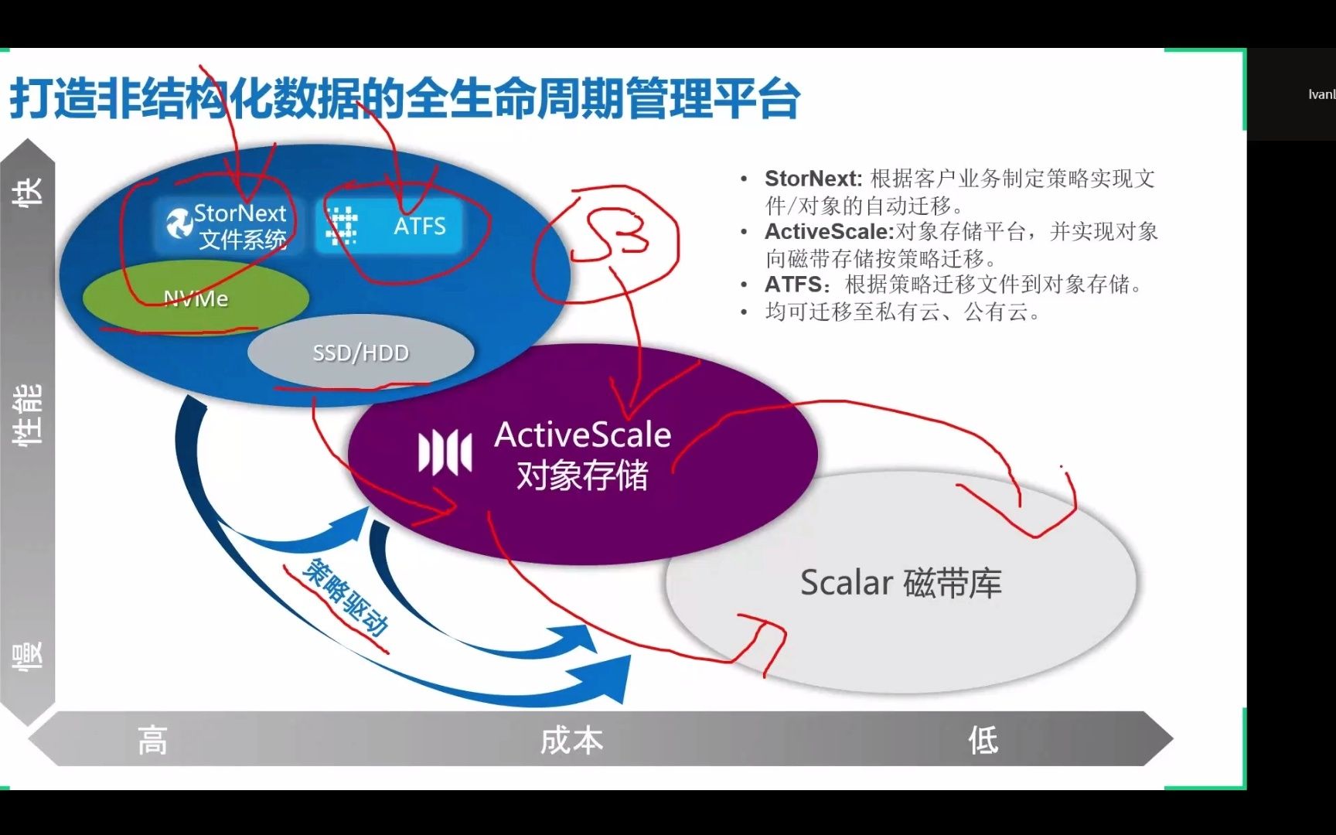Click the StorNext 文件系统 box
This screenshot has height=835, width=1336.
point(229,226)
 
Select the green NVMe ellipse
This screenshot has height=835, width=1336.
point(196,298)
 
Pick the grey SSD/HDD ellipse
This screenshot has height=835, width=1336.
point(360,353)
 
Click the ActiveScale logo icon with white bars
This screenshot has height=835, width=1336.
point(445,452)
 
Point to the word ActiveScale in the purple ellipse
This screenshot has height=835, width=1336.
point(582,435)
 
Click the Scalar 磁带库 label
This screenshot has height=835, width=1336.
point(901,583)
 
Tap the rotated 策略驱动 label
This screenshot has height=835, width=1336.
point(345,596)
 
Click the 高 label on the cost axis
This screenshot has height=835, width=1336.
point(152,740)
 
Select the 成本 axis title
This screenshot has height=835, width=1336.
point(571,740)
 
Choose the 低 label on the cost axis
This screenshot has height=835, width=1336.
point(983,740)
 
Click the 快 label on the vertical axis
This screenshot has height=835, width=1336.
point(28,191)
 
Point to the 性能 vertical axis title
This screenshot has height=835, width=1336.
point(28,414)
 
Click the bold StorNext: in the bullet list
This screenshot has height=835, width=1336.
point(813,179)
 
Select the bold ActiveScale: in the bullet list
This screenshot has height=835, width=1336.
point(829,231)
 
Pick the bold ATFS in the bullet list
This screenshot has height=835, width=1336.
point(793,285)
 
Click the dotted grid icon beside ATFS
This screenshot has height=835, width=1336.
point(341,226)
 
